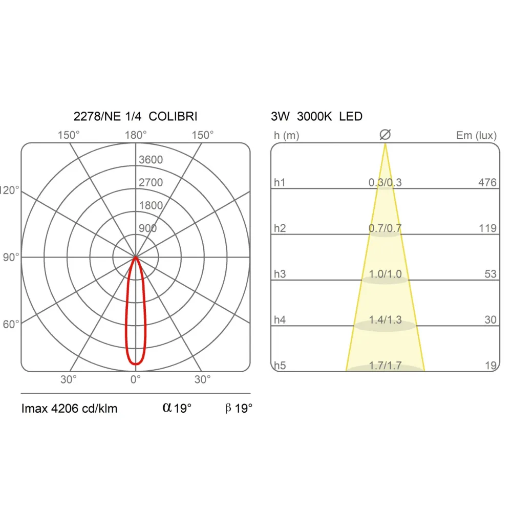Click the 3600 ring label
pyautogui.click(x=151, y=160)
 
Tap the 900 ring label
pyautogui.click(x=147, y=228)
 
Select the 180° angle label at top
pyautogui.click(x=136, y=135)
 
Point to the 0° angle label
pyautogui.click(x=136, y=379)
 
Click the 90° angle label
pyautogui.click(x=11, y=258)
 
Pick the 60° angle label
pyautogui.click(x=11, y=324)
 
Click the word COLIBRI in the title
pyautogui.click(x=173, y=116)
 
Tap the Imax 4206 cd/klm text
pyautogui.click(x=69, y=409)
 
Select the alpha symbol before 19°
pyautogui.click(x=167, y=408)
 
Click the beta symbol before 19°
pyautogui.click(x=228, y=408)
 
